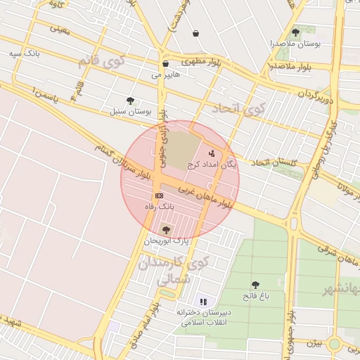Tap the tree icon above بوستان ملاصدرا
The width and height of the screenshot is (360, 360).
tap(295, 32)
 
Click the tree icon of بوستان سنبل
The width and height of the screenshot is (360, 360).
tap(130, 101)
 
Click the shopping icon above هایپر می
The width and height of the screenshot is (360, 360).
tap(165, 63)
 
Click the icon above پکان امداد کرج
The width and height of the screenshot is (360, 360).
tap(212, 153)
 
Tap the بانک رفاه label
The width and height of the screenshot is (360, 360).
tap(159, 207)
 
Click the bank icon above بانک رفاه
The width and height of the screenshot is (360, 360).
tap(159, 195)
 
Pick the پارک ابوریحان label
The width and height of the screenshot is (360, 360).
tap(167, 240)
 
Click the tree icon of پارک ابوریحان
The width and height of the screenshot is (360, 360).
tap(166, 230)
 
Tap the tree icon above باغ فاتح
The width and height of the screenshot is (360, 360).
tap(255, 285)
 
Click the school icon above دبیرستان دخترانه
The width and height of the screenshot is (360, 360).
tap(203, 302)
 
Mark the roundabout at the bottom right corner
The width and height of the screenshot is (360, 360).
tap(335, 344)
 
